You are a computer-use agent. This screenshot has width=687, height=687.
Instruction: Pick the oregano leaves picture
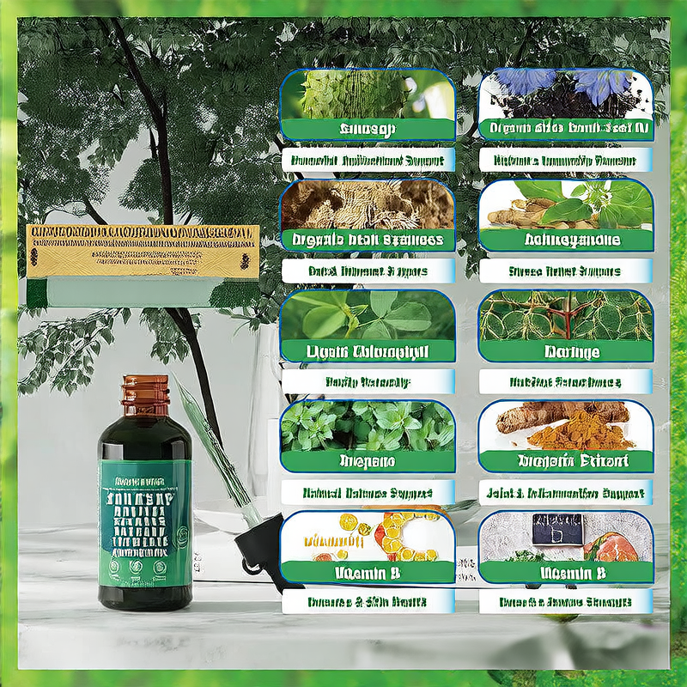[x=368, y=425]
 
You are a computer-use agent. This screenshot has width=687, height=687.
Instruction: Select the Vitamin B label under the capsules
[x=368, y=572]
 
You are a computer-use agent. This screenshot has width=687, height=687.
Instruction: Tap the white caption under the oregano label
[x=368, y=494]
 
